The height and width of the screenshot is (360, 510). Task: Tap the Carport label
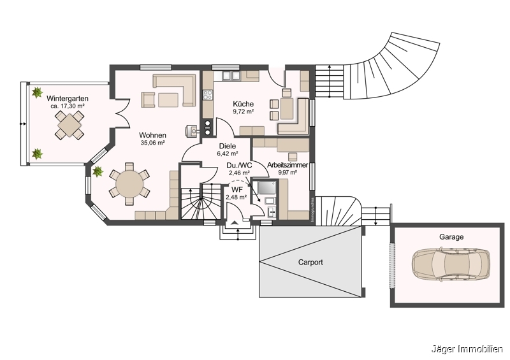(x=311, y=262)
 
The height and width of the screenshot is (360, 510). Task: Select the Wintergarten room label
(x=68, y=98)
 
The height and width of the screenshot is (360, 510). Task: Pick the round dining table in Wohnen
(x=129, y=185)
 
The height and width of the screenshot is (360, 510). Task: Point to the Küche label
(x=243, y=104)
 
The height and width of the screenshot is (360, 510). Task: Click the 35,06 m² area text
(x=153, y=143)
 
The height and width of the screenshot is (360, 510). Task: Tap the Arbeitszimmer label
(x=288, y=165)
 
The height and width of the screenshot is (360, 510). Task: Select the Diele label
(x=227, y=146)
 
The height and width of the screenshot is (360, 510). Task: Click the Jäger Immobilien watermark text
(x=468, y=349)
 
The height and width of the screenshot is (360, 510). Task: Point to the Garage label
(x=451, y=236)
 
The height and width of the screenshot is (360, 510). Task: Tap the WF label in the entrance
(x=236, y=189)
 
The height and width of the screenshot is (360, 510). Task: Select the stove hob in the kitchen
(x=207, y=96)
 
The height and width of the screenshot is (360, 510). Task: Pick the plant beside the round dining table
(x=98, y=171)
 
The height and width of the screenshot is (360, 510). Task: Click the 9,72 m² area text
(x=243, y=112)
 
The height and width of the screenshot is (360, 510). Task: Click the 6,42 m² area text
(x=227, y=154)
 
